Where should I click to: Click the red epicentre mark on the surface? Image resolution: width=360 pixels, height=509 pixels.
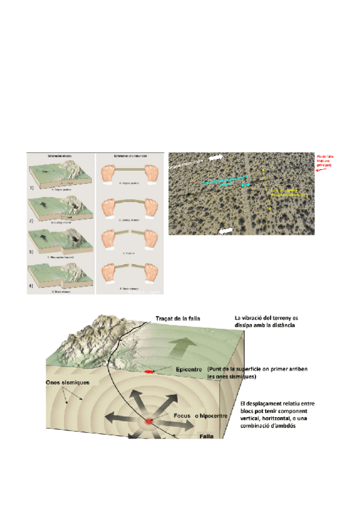[x=148, y=373]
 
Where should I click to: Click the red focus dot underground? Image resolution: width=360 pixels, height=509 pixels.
[x=148, y=423]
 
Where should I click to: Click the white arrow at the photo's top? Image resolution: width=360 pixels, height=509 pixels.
[x=217, y=157]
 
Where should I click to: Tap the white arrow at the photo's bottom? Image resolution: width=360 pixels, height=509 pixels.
[x=226, y=229]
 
